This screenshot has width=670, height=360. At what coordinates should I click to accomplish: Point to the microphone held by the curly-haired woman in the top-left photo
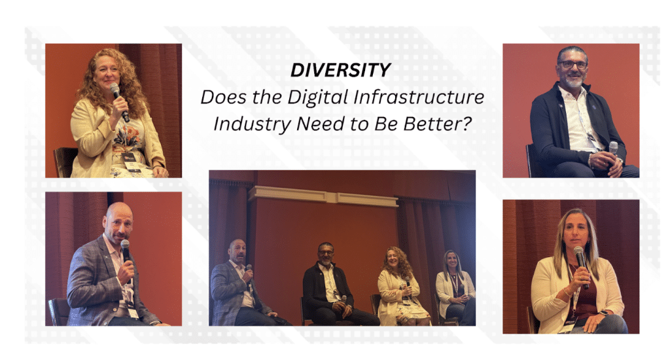(x=119, y=101)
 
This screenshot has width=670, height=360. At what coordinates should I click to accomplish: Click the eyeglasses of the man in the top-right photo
(x=573, y=65)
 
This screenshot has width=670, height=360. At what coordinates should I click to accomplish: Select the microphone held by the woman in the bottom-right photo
(x=581, y=265)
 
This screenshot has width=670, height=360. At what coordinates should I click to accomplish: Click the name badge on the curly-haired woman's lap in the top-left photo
(x=129, y=156)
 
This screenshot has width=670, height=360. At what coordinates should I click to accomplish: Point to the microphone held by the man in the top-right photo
(x=614, y=149)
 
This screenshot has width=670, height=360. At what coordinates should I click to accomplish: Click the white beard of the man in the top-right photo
(x=573, y=81)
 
